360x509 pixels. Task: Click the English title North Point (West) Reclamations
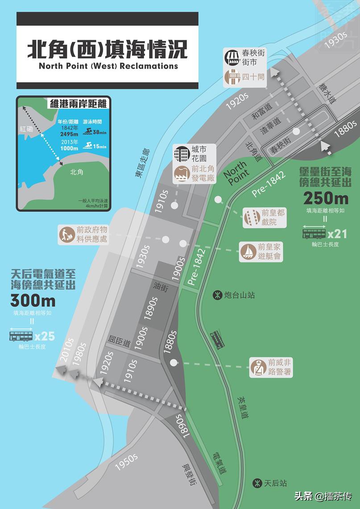[x=108, y=66]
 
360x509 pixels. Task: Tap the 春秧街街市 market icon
[x=232, y=57]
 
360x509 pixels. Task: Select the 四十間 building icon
[x=232, y=77]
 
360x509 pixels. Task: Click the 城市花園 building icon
[x=182, y=153]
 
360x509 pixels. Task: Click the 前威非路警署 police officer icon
[x=258, y=367]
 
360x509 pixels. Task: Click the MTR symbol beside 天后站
[x=257, y=483]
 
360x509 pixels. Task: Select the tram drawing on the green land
[x=218, y=339]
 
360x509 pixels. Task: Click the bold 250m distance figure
[x=326, y=198]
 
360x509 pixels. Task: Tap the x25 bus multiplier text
[x=45, y=335]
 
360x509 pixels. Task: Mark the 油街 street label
[x=160, y=288]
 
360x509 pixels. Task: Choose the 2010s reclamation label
[x=67, y=351]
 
